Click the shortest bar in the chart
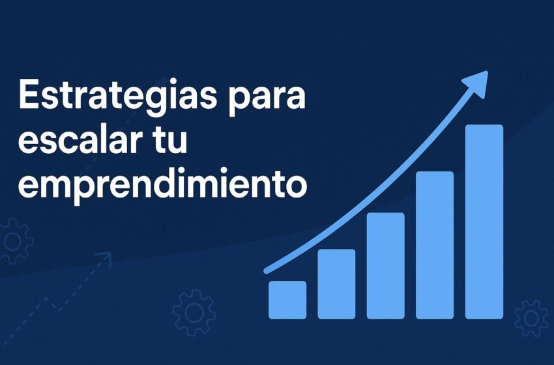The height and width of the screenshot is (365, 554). pyautogui.click(x=287, y=300)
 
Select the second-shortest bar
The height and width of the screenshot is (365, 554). pyautogui.click(x=336, y=284)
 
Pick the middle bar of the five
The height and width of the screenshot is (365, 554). pyautogui.click(x=385, y=266)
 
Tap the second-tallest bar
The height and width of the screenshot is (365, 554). pyautogui.click(x=435, y=245)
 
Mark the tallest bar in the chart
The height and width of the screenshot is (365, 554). pyautogui.click(x=484, y=222)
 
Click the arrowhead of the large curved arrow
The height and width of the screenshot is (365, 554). pyautogui.click(x=477, y=83)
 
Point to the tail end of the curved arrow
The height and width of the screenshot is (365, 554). pyautogui.click(x=267, y=271)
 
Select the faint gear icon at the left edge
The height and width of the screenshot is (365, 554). pyautogui.click(x=15, y=241)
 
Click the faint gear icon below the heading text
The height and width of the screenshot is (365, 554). pyautogui.click(x=194, y=312)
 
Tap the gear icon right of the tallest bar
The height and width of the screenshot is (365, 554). pyautogui.click(x=531, y=318)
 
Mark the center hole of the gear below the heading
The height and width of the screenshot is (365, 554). pyautogui.click(x=194, y=313)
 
